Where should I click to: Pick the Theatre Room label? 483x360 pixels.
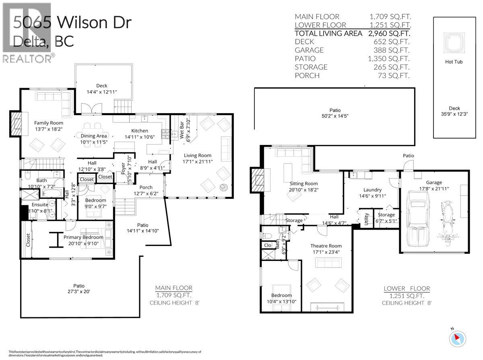[326, 246]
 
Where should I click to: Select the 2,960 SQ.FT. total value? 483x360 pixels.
[390, 33]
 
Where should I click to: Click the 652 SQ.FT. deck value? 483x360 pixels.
[390, 41]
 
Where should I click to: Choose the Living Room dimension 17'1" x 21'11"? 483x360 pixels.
[198, 161]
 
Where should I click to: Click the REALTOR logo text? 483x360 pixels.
[27, 59]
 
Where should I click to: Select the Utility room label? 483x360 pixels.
[367, 221]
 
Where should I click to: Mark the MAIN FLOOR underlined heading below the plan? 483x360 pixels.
[173, 288]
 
